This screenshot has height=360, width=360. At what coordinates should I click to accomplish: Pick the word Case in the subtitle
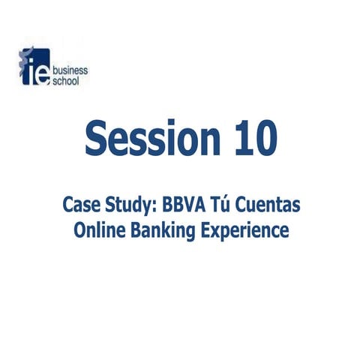click(x=80, y=205)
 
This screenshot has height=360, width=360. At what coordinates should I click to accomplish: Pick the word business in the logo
click(x=70, y=70)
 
